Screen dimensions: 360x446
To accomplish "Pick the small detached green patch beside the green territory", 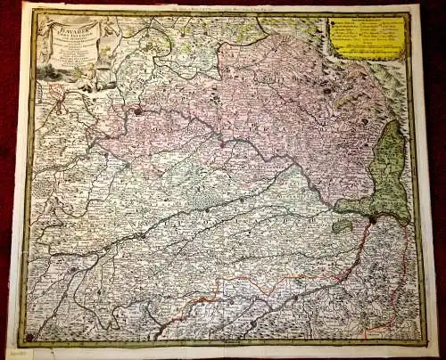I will pos(342,226).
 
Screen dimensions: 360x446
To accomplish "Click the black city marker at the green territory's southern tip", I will pos(372,217).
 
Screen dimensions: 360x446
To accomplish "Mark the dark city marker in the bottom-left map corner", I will pos(30,336).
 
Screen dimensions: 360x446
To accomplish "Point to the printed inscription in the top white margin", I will pos(223,8).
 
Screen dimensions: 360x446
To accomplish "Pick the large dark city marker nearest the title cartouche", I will pos(139,111).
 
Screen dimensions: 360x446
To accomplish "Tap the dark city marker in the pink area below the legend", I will pos(326,91).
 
